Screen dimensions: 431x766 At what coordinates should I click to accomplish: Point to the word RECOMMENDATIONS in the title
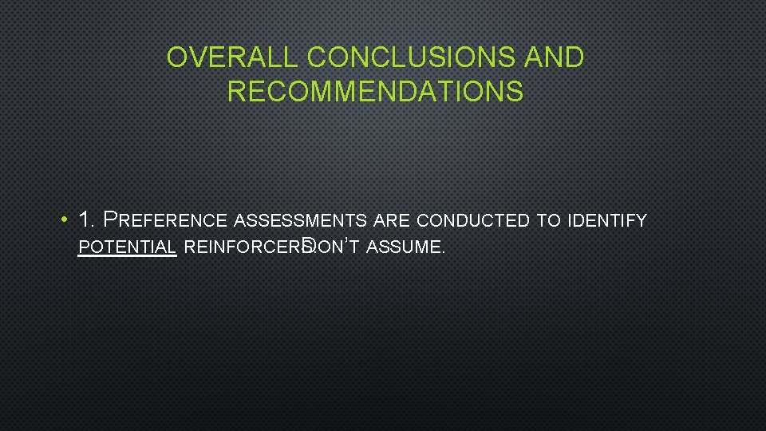(x=375, y=92)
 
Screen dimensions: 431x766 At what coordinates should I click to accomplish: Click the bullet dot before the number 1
(x=62, y=220)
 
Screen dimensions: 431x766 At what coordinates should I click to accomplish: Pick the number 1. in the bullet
(x=89, y=219)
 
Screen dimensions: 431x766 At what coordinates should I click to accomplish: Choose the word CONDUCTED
(x=473, y=221)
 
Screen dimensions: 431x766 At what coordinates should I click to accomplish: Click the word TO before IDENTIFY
(x=547, y=221)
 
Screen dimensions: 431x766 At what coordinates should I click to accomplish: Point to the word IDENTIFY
(x=606, y=221)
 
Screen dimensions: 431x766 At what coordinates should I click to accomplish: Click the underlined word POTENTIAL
(x=127, y=247)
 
